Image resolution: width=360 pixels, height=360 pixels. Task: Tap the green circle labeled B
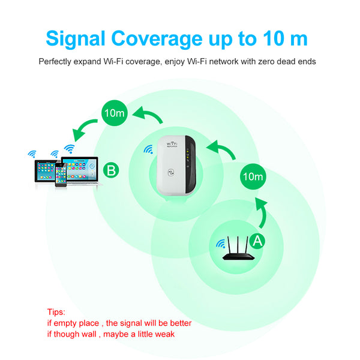(111, 170)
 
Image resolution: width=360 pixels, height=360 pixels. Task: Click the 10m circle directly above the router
(252, 177)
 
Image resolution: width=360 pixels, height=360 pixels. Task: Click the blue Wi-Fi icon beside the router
(221, 244)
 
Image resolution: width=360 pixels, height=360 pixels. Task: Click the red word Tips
(55, 312)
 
